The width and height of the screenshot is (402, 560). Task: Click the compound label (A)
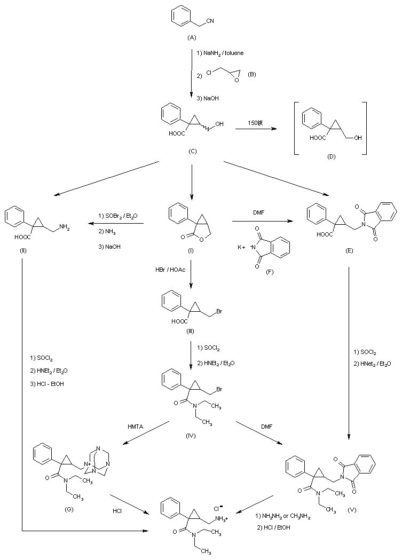(192, 37)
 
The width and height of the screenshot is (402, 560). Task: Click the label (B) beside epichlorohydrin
(252, 74)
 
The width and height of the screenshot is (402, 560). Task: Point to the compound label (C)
(192, 151)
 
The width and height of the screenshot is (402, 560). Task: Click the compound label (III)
(191, 332)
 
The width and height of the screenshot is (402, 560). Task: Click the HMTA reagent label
(135, 426)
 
